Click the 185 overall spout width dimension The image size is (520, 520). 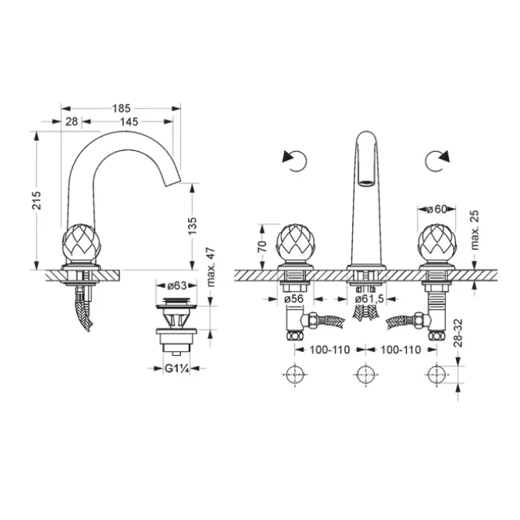[122, 109]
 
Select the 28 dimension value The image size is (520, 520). [72, 122]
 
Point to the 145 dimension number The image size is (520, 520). [129, 122]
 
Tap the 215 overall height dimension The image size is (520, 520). [36, 200]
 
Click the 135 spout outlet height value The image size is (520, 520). [192, 226]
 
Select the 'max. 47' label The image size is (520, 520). [211, 267]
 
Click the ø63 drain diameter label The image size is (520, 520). [177, 285]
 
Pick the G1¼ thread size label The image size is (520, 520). [177, 368]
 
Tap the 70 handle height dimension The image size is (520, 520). [262, 246]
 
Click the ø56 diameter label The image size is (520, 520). [294, 299]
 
